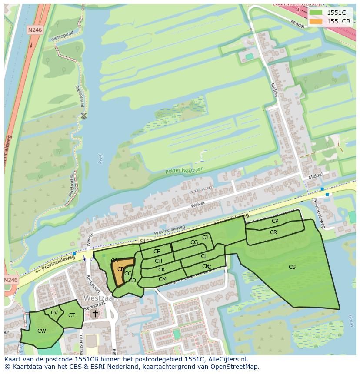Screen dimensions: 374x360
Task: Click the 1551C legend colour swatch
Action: click(x=316, y=13)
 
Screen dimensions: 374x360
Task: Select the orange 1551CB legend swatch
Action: click(x=316, y=21)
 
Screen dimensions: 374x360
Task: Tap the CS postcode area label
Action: click(x=292, y=267)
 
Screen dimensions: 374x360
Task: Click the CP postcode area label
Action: click(x=275, y=221)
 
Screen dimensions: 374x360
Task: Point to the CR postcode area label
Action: click(x=273, y=232)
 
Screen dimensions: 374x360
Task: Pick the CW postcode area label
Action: click(x=42, y=331)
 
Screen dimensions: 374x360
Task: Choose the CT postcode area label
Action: click(x=72, y=315)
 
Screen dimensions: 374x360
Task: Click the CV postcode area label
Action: click(x=54, y=313)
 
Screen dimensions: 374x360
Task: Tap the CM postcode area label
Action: click(x=163, y=279)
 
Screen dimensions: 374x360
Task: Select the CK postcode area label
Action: click(x=162, y=270)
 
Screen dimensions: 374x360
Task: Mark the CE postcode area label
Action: click(x=157, y=252)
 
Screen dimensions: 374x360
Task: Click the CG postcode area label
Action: click(x=194, y=242)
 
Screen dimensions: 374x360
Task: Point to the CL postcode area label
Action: click(x=204, y=256)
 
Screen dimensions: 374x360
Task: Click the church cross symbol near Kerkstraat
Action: click(x=95, y=313)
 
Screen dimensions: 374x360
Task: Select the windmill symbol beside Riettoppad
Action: click(x=83, y=116)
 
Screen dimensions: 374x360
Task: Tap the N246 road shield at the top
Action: click(x=34, y=30)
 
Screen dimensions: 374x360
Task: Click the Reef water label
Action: click(x=101, y=159)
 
